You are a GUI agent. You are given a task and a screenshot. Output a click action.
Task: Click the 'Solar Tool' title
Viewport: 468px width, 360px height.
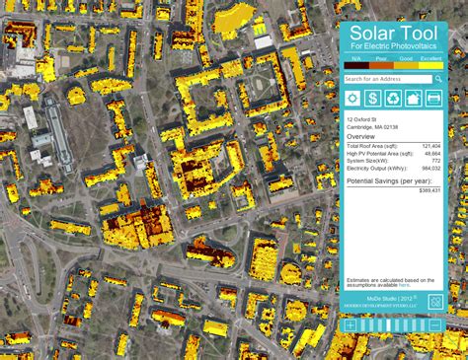coord(392,36)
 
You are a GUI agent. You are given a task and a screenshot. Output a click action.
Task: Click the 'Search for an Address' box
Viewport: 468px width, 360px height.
coord(385,79)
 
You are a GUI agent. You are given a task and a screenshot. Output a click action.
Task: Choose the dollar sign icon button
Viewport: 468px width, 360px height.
coord(373,98)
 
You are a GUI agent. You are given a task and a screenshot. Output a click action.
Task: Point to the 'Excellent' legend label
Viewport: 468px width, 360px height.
coord(430,59)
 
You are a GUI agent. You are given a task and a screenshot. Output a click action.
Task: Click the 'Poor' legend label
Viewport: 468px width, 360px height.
coord(380,59)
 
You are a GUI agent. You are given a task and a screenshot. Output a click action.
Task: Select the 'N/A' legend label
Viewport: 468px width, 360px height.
coord(355,59)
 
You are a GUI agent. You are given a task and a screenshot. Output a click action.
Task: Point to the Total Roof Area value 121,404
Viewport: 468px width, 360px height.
coord(429,145)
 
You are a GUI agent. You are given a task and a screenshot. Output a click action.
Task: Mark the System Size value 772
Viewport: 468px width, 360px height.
coord(435,160)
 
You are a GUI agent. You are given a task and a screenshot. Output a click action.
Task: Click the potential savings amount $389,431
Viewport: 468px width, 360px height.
coord(429,189)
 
